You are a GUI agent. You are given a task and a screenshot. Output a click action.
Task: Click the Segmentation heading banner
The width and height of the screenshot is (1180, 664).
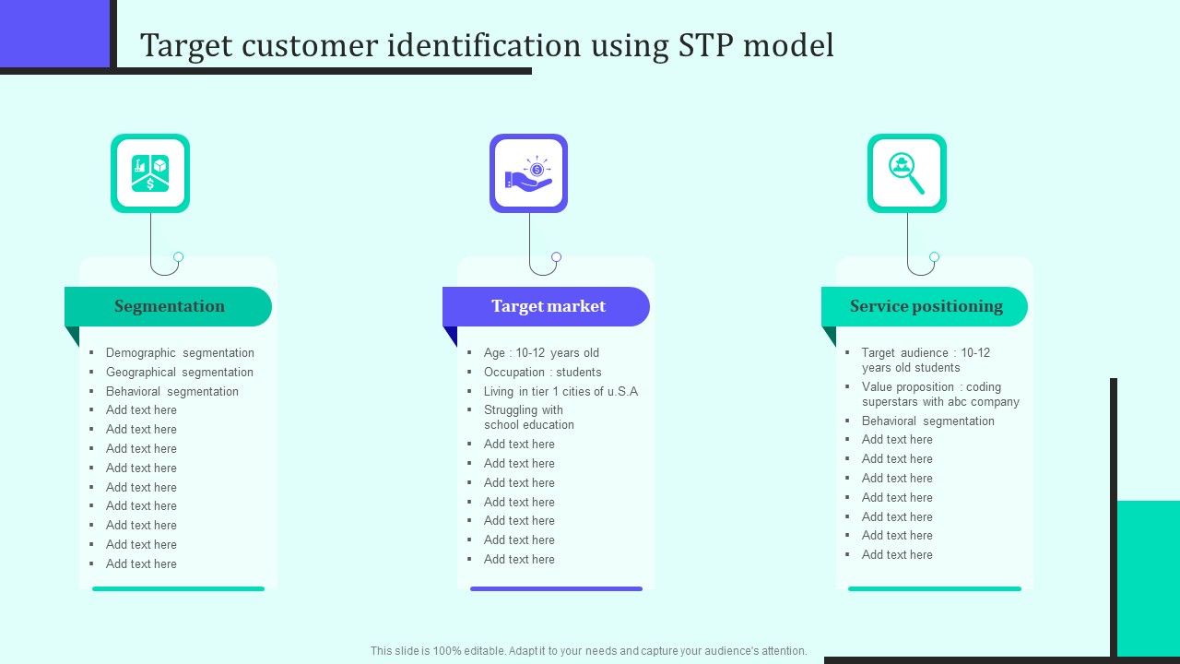click(x=169, y=306)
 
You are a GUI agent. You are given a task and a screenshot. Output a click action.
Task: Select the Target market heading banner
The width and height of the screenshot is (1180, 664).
click(x=548, y=306)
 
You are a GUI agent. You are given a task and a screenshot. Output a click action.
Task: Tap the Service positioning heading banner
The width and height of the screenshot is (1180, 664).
click(x=926, y=306)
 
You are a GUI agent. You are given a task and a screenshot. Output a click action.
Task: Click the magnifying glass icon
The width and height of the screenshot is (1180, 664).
click(x=907, y=173)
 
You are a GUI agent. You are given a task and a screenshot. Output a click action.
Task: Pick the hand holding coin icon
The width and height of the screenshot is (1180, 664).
click(x=528, y=173)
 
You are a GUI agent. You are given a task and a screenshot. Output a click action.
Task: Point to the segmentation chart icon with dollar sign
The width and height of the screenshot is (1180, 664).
click(x=150, y=173)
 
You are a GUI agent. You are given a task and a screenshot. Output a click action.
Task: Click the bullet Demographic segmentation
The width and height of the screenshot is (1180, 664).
click(x=180, y=352)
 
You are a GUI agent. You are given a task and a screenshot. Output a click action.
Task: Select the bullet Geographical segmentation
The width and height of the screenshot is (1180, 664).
click(x=179, y=372)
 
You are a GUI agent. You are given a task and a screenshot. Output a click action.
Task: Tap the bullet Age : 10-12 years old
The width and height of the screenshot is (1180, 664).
click(x=541, y=352)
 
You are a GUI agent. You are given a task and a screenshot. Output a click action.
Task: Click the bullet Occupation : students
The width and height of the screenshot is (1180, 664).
click(x=542, y=372)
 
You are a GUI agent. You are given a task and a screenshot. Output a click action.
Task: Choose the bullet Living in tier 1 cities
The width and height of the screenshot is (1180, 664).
click(x=560, y=391)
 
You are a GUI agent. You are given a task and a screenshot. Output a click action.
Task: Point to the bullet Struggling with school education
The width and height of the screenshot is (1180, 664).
click(x=528, y=417)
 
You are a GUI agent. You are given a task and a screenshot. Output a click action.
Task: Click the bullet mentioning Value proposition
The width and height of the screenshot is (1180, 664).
click(x=940, y=394)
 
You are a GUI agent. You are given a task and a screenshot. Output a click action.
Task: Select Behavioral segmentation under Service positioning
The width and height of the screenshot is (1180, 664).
click(x=927, y=421)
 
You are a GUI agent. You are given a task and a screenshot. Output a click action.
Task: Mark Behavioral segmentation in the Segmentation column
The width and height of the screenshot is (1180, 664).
click(x=171, y=391)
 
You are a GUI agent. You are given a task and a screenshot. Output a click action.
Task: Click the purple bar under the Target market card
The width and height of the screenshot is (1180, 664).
click(x=556, y=588)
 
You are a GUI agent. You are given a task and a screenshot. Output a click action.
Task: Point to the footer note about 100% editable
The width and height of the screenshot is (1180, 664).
click(x=588, y=650)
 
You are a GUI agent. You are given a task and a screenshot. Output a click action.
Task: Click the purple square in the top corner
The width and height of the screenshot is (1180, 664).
click(x=54, y=33)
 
